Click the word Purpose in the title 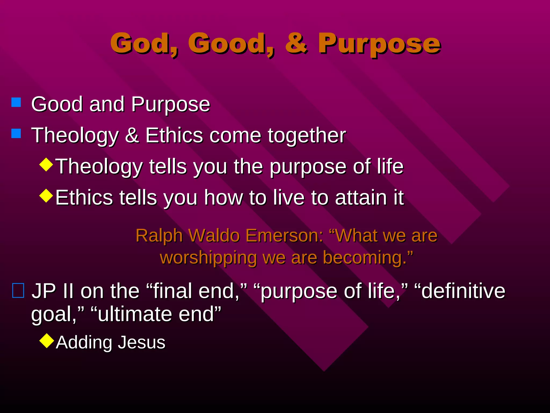(379, 44)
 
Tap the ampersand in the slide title (296, 43)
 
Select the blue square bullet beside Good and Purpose (16, 102)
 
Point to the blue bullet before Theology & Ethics (16, 133)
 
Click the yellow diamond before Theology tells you (46, 165)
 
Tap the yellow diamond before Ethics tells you (46, 196)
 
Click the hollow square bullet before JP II (18, 291)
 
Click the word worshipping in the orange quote (208, 258)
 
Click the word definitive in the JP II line (463, 291)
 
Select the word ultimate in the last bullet (134, 314)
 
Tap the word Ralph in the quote (159, 236)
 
